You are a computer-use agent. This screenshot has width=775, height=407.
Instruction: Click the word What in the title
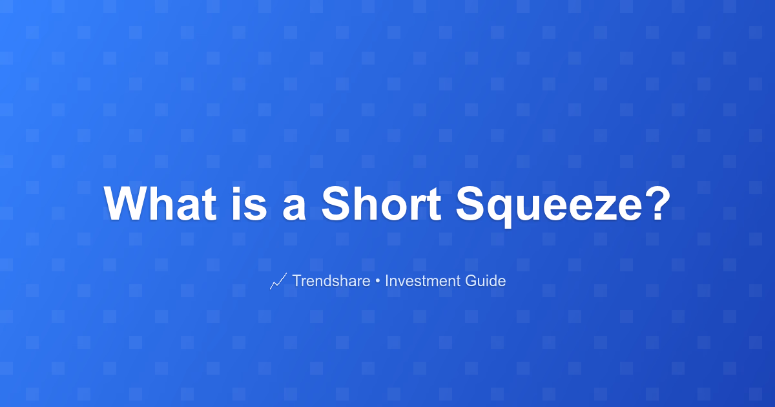click(160, 203)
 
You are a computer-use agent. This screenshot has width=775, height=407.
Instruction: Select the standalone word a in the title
click(294, 208)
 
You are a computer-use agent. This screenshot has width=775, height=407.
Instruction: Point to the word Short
click(381, 203)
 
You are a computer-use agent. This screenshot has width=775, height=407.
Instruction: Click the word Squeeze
click(550, 206)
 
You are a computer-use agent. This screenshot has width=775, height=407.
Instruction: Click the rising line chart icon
click(278, 280)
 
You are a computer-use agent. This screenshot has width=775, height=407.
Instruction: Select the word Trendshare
click(331, 280)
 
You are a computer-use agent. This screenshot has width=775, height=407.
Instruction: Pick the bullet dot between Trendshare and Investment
click(377, 282)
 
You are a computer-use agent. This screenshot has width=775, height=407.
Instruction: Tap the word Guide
click(486, 280)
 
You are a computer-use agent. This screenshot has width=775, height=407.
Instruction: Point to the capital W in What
click(126, 203)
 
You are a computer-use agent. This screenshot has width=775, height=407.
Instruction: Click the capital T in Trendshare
click(298, 280)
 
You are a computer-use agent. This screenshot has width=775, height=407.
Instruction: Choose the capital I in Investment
click(386, 280)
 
